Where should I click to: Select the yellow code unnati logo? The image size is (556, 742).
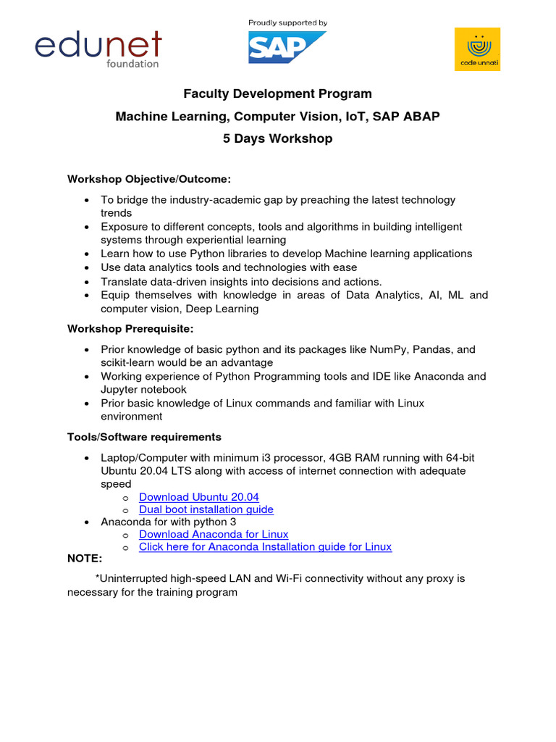(x=477, y=49)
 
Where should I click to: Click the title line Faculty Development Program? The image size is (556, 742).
(x=277, y=93)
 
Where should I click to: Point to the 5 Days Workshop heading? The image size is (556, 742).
(x=277, y=138)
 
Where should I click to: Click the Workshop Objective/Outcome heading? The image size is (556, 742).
(x=149, y=179)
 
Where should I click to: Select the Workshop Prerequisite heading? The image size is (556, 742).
(x=131, y=328)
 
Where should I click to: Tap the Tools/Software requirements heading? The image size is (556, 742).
(x=144, y=437)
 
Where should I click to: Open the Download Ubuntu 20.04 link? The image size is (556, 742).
(x=198, y=497)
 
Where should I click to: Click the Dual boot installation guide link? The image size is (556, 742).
(x=206, y=509)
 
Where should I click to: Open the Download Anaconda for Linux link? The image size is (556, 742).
(x=214, y=535)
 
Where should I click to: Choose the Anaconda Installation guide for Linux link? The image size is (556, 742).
(x=265, y=547)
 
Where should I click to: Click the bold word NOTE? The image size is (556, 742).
(x=85, y=559)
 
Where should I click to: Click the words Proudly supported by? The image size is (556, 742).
(x=287, y=23)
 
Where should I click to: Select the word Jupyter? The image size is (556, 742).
(x=119, y=390)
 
